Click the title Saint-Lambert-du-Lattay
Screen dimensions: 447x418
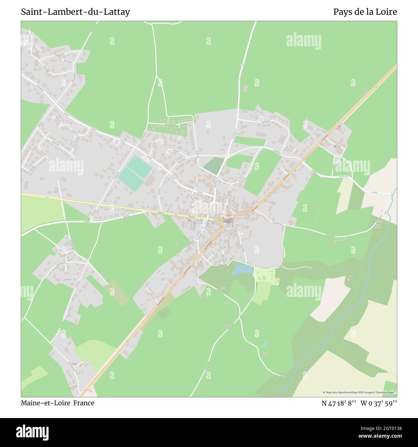[x=76, y=12]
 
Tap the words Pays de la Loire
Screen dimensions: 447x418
[x=365, y=12]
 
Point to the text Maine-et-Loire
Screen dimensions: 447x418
[x=46, y=403]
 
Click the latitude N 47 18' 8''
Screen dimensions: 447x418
[x=339, y=403]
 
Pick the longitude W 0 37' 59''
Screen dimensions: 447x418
[x=379, y=403]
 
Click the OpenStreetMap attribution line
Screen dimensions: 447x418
[x=359, y=392]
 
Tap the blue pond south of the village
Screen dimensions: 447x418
[x=242, y=269]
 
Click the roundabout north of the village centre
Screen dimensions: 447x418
[x=227, y=156]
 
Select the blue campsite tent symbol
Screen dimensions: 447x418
[x=264, y=276]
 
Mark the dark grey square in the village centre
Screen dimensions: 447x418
[x=228, y=221]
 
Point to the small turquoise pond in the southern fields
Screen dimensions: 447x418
[x=265, y=344]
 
